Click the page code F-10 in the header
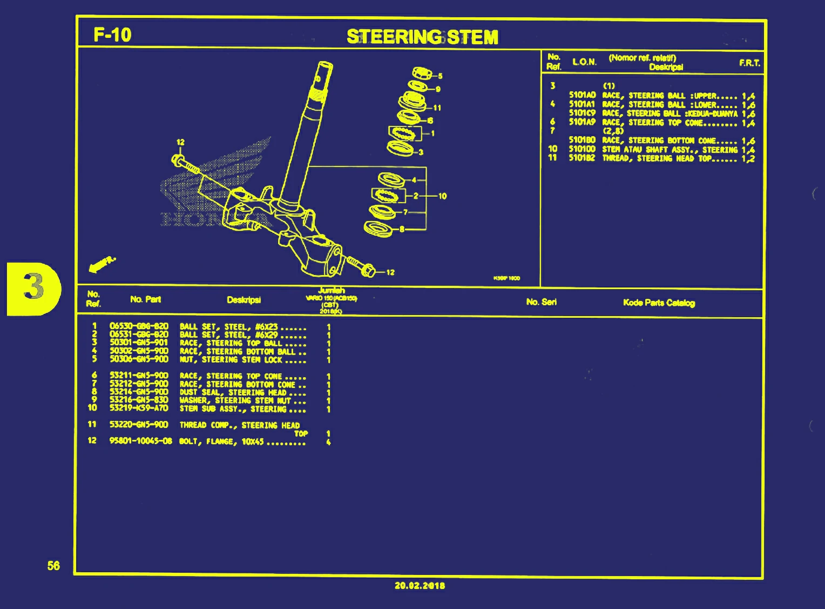tap(112, 35)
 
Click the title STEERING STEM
tap(422, 37)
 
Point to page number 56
tap(53, 566)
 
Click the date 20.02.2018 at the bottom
tap(420, 585)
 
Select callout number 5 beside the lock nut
tap(440, 76)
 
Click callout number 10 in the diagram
tap(442, 196)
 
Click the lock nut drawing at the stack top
tap(421, 73)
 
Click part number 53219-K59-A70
tap(139, 408)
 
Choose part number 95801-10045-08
tap(140, 441)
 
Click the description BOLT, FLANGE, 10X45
tap(221, 441)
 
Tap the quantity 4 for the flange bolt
tap(328, 442)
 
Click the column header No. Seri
tap(541, 302)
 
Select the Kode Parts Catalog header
tap(659, 303)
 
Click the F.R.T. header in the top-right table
tap(749, 63)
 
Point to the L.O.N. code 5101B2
tap(581, 158)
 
